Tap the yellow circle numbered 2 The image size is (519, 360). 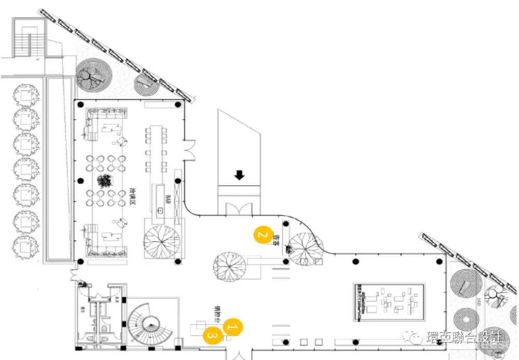(x=263, y=235)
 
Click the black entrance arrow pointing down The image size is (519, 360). (x=239, y=175)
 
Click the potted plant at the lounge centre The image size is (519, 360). (x=105, y=181)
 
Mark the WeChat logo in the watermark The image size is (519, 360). (x=417, y=338)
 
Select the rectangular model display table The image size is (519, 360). (x=390, y=302)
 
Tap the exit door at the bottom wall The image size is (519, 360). (x=238, y=353)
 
